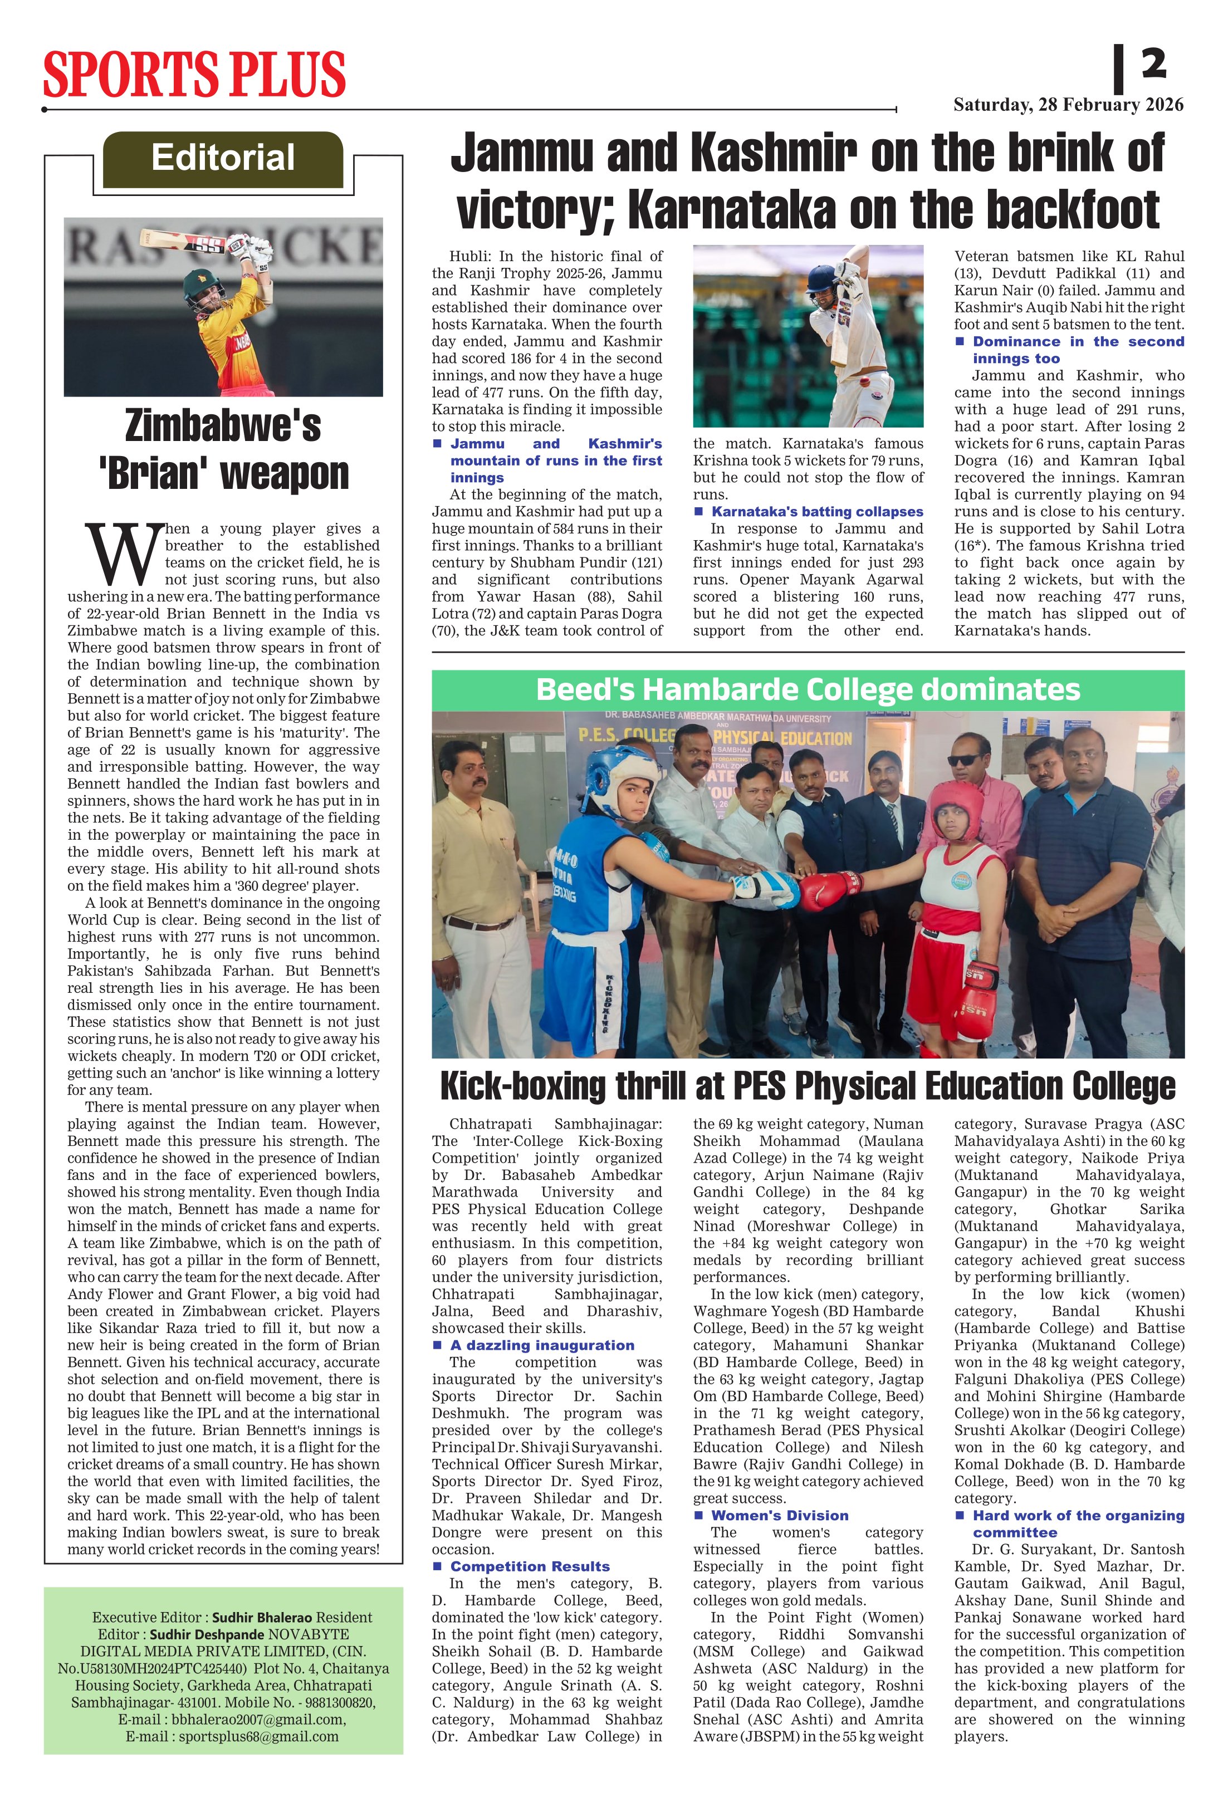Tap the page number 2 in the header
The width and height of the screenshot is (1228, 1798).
click(1153, 63)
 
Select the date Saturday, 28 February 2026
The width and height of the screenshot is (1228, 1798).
click(1068, 105)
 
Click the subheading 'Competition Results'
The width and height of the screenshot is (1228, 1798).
click(530, 1567)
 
